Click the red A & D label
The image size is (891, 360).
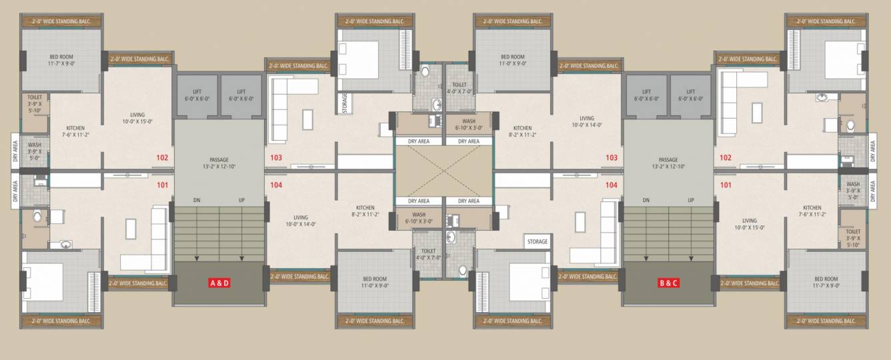point(219,283)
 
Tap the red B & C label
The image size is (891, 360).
point(668,283)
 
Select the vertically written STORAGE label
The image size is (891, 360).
point(345,104)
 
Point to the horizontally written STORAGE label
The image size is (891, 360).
point(537,241)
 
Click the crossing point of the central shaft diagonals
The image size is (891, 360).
point(443,171)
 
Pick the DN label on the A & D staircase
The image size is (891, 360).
point(197,200)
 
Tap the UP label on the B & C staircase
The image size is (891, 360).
point(691,200)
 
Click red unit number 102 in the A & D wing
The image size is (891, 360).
point(162,158)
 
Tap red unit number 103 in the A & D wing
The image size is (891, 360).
point(277,158)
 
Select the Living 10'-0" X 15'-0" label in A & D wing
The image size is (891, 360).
point(137,118)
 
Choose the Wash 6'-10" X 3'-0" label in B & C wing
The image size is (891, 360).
point(469,124)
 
